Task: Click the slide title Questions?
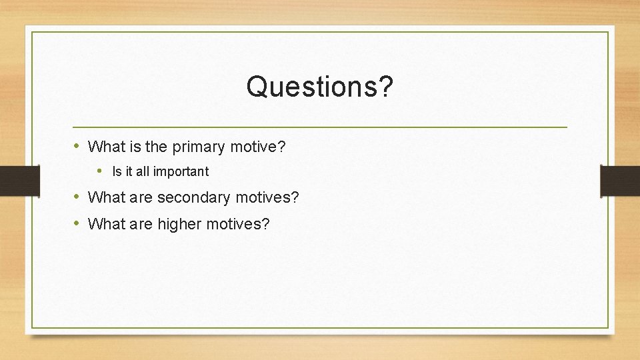(320, 86)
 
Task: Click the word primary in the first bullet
(198, 146)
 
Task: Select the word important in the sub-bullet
(181, 171)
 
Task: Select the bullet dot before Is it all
(100, 171)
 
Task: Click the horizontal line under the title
(320, 127)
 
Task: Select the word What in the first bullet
(103, 146)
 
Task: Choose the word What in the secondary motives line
(103, 197)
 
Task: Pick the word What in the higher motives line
(103, 224)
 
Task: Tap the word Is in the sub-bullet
(117, 171)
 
